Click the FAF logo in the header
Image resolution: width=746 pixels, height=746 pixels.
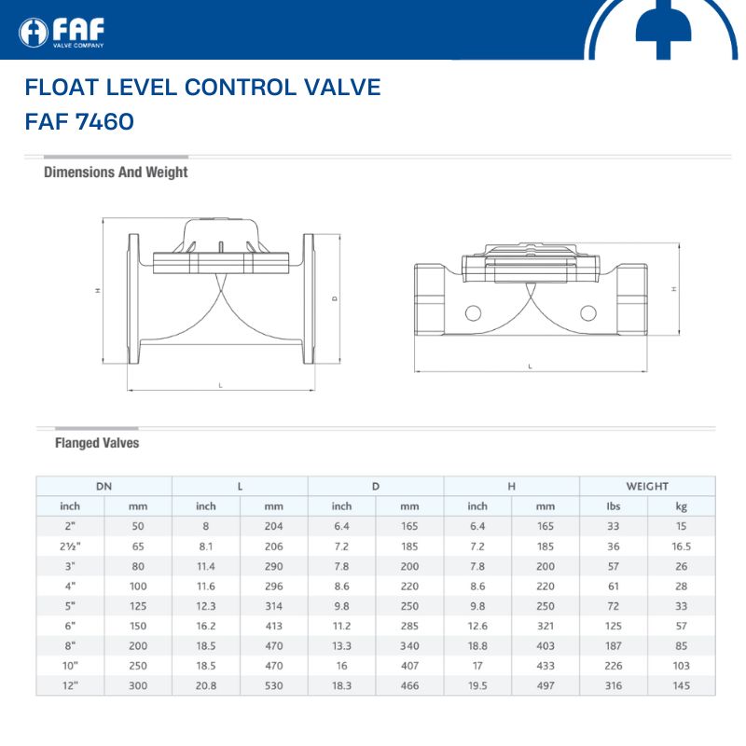62,33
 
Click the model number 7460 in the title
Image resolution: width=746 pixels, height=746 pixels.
104,121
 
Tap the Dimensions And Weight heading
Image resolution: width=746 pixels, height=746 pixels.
116,173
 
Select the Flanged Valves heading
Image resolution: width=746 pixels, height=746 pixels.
97,443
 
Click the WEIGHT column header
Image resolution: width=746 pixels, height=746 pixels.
647,486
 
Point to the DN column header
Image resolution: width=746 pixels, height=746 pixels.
104,486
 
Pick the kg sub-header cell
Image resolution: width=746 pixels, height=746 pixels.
681,506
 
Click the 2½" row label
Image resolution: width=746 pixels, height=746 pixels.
70,546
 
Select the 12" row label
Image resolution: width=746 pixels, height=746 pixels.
70,685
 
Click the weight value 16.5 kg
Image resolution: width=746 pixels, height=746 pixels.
681,546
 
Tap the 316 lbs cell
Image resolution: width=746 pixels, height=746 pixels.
614,685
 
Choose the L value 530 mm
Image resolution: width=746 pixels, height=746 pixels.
273,685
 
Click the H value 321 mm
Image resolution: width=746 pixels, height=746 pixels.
546,626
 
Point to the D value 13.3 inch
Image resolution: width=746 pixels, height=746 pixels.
341,646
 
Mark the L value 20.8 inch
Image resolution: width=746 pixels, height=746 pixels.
205,685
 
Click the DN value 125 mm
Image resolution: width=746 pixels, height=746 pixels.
138,606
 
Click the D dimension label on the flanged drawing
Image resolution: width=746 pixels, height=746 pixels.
335,298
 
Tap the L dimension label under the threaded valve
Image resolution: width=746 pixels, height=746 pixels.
530,366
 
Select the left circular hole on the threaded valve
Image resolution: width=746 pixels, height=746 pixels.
473,313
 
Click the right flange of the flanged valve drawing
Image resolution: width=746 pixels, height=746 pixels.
309,298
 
